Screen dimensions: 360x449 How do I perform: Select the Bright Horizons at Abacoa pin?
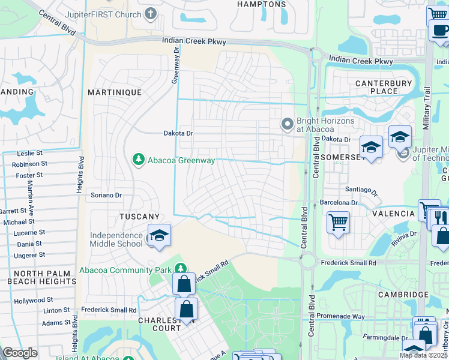point(288,124)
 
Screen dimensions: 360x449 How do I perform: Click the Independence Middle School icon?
point(159,236)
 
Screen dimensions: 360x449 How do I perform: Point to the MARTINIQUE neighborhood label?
point(115,92)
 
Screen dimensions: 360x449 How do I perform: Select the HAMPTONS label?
point(262,4)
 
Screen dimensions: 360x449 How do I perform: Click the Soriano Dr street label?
point(106,195)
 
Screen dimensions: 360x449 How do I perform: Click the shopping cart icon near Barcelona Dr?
point(339,223)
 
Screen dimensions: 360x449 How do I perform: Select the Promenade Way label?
point(342,316)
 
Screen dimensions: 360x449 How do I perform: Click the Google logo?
point(20,353)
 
